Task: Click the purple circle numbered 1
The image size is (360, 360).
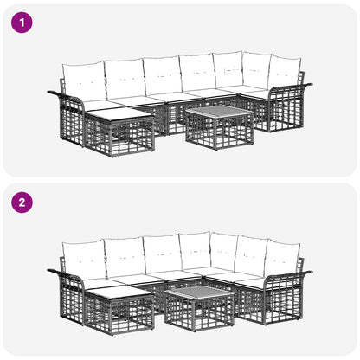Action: (x=22, y=22)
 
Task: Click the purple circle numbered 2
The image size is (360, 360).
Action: (x=22, y=202)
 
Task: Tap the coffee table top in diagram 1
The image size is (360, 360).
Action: (x=220, y=111)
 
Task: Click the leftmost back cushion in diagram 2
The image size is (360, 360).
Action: (x=84, y=260)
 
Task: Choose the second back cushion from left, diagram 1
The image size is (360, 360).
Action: (x=125, y=78)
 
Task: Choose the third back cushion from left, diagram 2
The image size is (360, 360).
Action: (x=163, y=254)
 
